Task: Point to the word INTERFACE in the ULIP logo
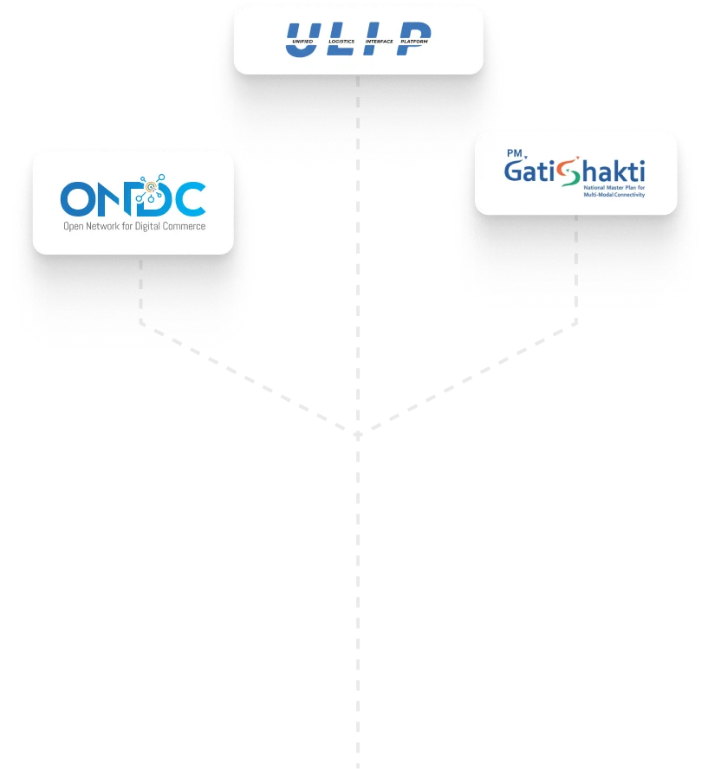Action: pos(380,41)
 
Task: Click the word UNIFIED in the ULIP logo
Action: pos(302,42)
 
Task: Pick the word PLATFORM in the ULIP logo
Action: pos(413,42)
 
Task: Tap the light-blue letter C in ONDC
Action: pos(190,198)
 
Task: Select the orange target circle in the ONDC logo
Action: pos(152,184)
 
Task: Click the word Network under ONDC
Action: pos(101,227)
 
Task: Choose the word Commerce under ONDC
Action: pos(185,227)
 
